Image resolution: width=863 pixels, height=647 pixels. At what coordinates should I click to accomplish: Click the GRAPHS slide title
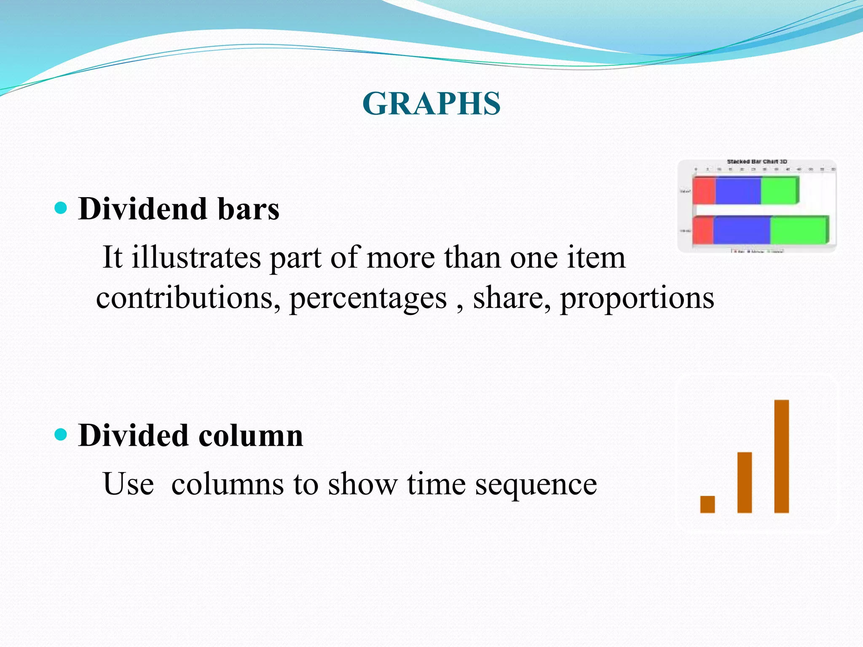point(431,104)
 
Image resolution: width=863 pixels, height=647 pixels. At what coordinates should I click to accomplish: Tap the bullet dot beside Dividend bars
point(61,208)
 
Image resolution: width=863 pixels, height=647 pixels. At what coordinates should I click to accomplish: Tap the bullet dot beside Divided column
point(61,434)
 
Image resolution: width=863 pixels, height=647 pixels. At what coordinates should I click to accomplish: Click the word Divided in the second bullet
point(133,435)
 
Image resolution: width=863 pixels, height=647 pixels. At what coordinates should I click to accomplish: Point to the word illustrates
point(196,257)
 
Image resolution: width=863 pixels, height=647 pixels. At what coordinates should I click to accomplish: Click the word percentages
point(368,298)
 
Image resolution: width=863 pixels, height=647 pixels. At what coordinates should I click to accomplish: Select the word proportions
point(637,298)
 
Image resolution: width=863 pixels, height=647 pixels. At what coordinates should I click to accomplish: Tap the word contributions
point(188,297)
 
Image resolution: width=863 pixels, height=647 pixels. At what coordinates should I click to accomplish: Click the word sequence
point(536,484)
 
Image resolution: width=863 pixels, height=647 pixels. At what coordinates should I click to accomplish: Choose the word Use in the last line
point(128,484)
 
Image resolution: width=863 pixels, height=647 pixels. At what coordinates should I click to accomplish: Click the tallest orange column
point(781,456)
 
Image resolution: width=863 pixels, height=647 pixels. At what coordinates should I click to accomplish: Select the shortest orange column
point(708,504)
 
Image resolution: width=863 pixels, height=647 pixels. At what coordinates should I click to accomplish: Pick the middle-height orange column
point(744,482)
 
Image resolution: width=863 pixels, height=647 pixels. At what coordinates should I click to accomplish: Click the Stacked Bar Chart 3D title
point(757,162)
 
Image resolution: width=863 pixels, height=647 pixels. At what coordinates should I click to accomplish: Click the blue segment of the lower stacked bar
point(741,230)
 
